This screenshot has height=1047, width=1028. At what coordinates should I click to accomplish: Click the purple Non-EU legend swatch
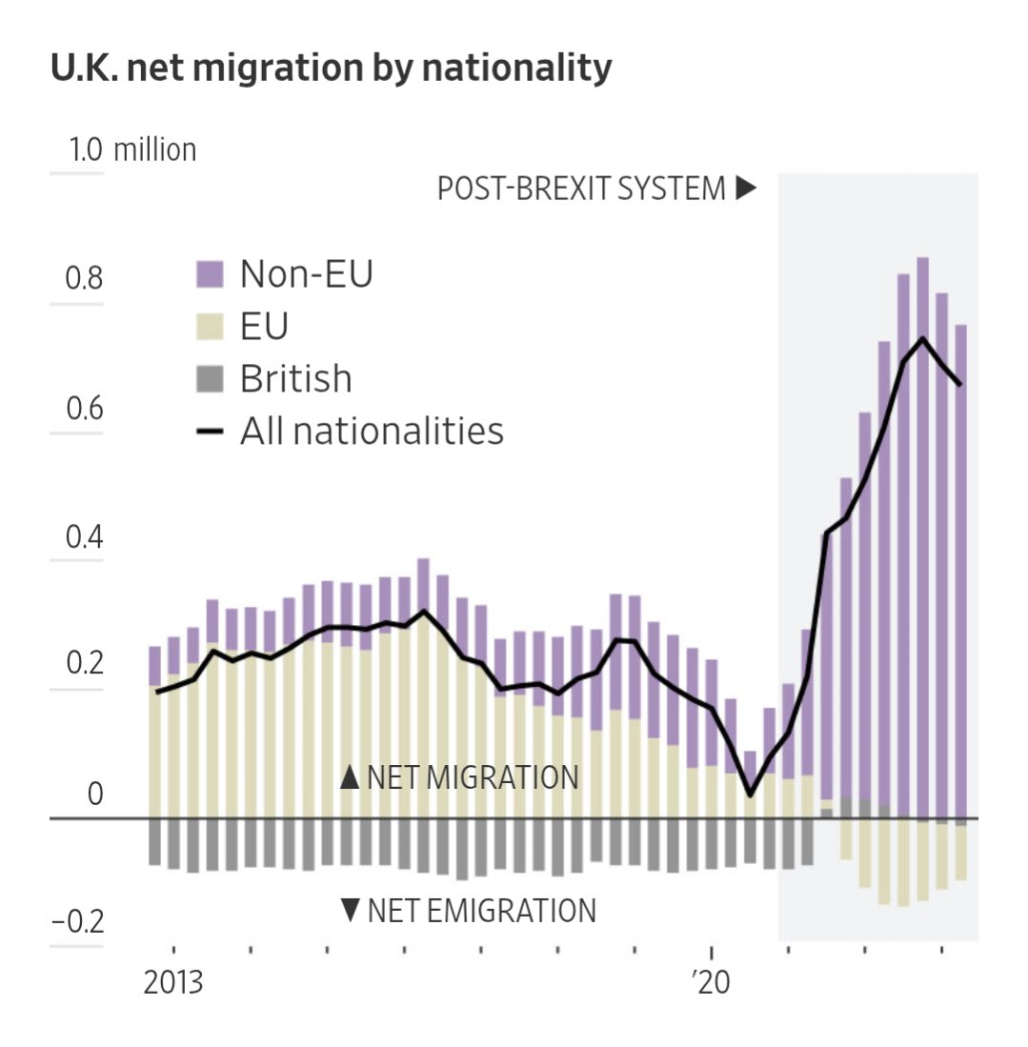209,275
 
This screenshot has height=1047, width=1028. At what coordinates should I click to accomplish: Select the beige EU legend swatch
209,328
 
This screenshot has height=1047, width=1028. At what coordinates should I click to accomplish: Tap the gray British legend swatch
209,380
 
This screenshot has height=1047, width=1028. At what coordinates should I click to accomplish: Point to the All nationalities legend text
371,432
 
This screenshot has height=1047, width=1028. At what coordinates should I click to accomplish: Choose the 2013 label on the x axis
173,982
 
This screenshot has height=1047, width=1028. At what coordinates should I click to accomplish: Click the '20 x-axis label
712,982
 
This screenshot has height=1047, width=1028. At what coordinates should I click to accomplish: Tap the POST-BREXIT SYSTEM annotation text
581,189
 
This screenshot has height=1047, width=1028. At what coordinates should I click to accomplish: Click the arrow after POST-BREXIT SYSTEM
746,189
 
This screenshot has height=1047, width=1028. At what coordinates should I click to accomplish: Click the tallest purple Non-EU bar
922,534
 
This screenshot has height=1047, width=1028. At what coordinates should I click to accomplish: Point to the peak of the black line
922,338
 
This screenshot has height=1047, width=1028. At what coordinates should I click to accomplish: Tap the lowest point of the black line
750,795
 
